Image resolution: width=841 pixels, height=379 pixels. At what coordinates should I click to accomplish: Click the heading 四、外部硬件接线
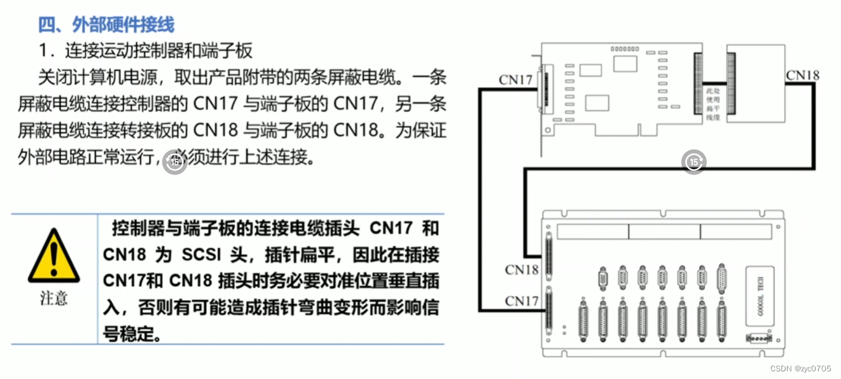[x=106, y=25]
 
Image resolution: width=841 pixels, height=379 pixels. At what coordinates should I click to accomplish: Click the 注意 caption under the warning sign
[x=53, y=298]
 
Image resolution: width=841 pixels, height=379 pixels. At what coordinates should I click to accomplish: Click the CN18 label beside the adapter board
[x=802, y=75]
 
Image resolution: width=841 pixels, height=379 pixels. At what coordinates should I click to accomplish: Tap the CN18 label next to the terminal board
[x=522, y=269]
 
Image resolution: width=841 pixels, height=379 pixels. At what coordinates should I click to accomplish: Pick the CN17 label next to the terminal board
[x=522, y=301]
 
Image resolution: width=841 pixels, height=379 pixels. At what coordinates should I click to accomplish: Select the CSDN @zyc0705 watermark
[x=804, y=368]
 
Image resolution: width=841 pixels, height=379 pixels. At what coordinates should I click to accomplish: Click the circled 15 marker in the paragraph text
[x=174, y=162]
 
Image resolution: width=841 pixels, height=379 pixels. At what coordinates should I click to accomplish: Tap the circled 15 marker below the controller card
[x=694, y=162]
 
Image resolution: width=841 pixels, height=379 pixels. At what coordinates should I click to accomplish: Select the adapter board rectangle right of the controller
[x=756, y=88]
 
